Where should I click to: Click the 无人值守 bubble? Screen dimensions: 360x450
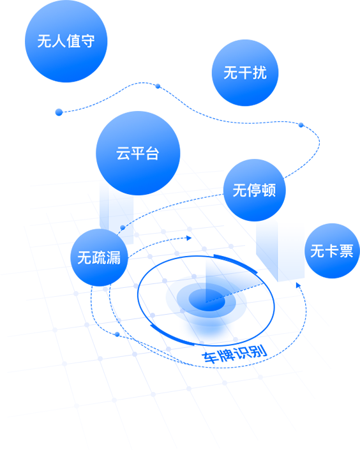(66, 41)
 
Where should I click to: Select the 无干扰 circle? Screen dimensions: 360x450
(245, 73)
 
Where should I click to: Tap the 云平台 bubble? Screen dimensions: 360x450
(138, 153)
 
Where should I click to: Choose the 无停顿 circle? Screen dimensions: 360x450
(254, 190)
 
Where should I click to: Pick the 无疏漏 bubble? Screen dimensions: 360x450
(99, 257)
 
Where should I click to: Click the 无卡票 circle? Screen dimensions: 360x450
(332, 251)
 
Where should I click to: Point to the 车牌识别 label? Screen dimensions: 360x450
(234, 354)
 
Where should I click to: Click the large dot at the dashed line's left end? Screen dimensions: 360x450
(59, 112)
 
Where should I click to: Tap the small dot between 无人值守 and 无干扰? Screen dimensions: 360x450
(158, 86)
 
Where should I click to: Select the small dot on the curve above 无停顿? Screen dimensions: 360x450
(301, 125)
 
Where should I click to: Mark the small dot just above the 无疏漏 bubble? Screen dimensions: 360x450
(123, 228)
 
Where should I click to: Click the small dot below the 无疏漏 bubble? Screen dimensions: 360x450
(117, 334)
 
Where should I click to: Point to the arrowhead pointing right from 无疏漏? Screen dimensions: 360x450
(189, 238)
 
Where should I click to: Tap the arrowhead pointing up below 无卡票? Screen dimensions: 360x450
(298, 285)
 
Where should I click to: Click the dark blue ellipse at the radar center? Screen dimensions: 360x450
(207, 300)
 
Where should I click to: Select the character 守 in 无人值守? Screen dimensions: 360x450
(87, 41)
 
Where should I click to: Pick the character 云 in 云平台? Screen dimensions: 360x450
(123, 153)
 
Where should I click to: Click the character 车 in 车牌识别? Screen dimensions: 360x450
(209, 357)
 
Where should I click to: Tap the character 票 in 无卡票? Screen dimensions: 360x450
(346, 251)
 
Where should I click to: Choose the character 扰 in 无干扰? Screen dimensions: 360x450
(260, 73)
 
